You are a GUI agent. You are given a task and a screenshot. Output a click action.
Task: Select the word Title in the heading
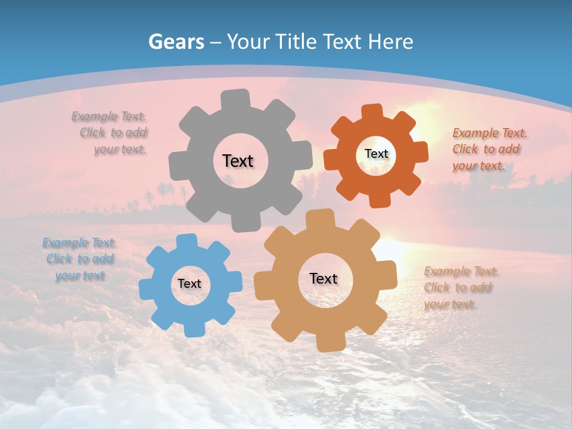pos(296,42)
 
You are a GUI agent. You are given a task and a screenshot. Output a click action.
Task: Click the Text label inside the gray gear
pos(238,161)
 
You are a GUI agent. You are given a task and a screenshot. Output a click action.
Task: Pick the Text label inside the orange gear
pos(376,154)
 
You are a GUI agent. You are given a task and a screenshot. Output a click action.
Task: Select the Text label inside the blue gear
pos(189,284)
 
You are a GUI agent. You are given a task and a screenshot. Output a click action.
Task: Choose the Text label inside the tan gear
pos(324,278)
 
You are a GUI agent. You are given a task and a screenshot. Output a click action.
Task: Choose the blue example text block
pos(80,259)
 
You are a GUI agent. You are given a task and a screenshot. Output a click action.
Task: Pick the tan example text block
pos(459,288)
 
